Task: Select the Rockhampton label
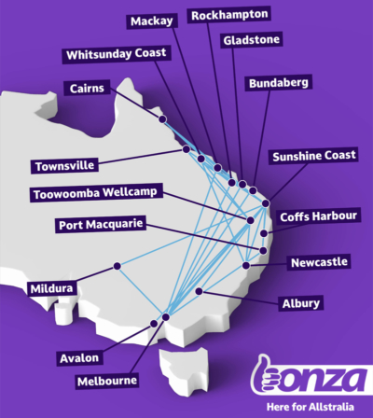228,14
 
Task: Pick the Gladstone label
255,41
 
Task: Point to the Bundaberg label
278,83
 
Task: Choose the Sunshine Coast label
313,157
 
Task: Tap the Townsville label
63,165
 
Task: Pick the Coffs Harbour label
319,216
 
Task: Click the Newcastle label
318,262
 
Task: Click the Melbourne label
108,380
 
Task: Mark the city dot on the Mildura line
117,267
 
